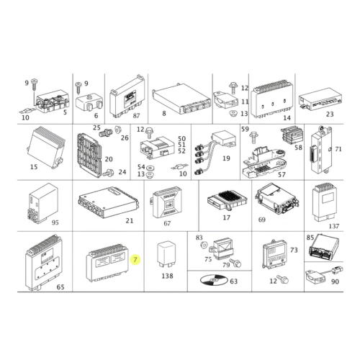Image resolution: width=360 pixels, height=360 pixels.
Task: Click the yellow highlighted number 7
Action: tap(135, 259)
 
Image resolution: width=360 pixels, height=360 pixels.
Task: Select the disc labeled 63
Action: tap(214, 279)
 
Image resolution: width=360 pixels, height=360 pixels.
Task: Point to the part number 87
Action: tap(136, 115)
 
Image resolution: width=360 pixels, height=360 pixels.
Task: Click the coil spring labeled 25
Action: tap(107, 132)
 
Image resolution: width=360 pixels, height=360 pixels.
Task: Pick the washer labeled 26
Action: tap(118, 130)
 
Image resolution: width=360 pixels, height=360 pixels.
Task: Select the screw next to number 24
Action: tap(108, 173)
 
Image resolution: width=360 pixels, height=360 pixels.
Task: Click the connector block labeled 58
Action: tap(292, 135)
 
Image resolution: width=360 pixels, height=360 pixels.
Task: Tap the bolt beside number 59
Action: tap(253, 138)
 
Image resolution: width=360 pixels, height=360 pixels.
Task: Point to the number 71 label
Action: tap(338, 149)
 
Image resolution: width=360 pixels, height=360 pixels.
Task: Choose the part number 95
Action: tap(55, 222)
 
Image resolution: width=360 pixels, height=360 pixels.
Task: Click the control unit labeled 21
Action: tap(109, 202)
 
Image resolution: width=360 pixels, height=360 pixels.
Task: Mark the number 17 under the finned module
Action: tap(226, 217)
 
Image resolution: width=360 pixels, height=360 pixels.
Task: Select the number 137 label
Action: tap(334, 226)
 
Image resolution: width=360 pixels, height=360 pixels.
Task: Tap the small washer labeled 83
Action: tap(204, 246)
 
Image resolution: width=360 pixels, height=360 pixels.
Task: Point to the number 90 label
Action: tap(335, 282)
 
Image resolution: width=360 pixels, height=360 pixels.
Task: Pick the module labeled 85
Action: tap(324, 247)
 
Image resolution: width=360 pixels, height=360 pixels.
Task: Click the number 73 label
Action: tap(294, 250)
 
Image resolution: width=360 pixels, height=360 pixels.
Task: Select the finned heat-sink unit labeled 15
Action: tap(45, 145)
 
